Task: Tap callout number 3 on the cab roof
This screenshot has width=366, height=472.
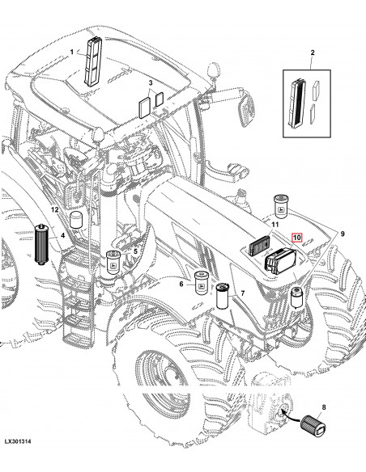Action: [150, 84]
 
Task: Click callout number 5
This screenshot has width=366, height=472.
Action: [135, 252]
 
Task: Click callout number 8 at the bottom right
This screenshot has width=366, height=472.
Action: [325, 385]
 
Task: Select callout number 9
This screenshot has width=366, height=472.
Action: [343, 234]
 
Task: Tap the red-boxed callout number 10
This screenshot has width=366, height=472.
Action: [297, 238]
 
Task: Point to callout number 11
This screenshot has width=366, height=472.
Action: [274, 223]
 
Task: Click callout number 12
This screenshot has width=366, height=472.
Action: [56, 209]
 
